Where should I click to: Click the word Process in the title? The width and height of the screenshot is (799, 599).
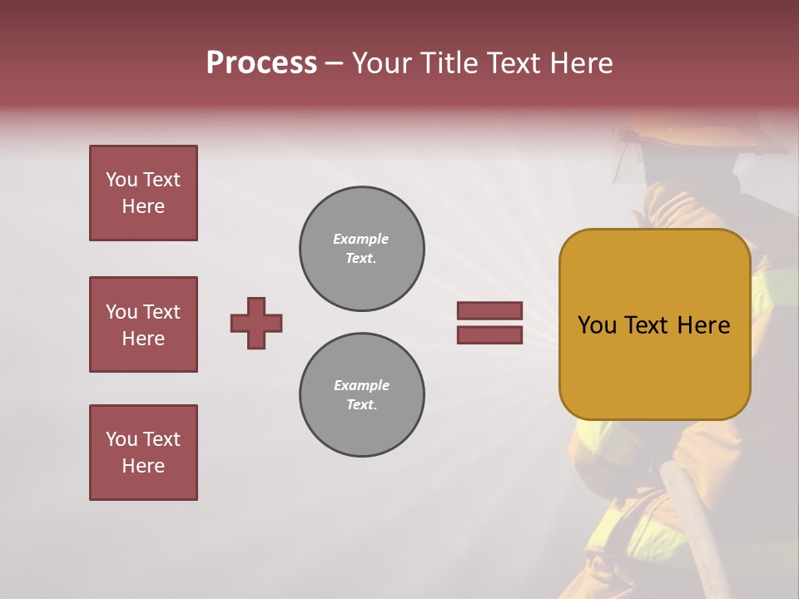261,63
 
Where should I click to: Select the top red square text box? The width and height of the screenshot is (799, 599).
143,193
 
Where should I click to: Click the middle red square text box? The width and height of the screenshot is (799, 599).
143,324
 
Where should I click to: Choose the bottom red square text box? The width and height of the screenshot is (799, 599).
143,453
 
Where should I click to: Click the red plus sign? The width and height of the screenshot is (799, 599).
256,323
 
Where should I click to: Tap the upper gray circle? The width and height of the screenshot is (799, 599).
361,248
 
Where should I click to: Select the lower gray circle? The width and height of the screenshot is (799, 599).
361,394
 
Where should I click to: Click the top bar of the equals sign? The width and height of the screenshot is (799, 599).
489,310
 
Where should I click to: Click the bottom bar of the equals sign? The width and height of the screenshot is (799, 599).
489,334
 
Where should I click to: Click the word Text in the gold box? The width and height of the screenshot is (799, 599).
652,325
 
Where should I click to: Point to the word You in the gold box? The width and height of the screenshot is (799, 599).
597,325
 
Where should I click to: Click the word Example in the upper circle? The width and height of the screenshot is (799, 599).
361,239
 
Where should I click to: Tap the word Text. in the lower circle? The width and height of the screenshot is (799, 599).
361,404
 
